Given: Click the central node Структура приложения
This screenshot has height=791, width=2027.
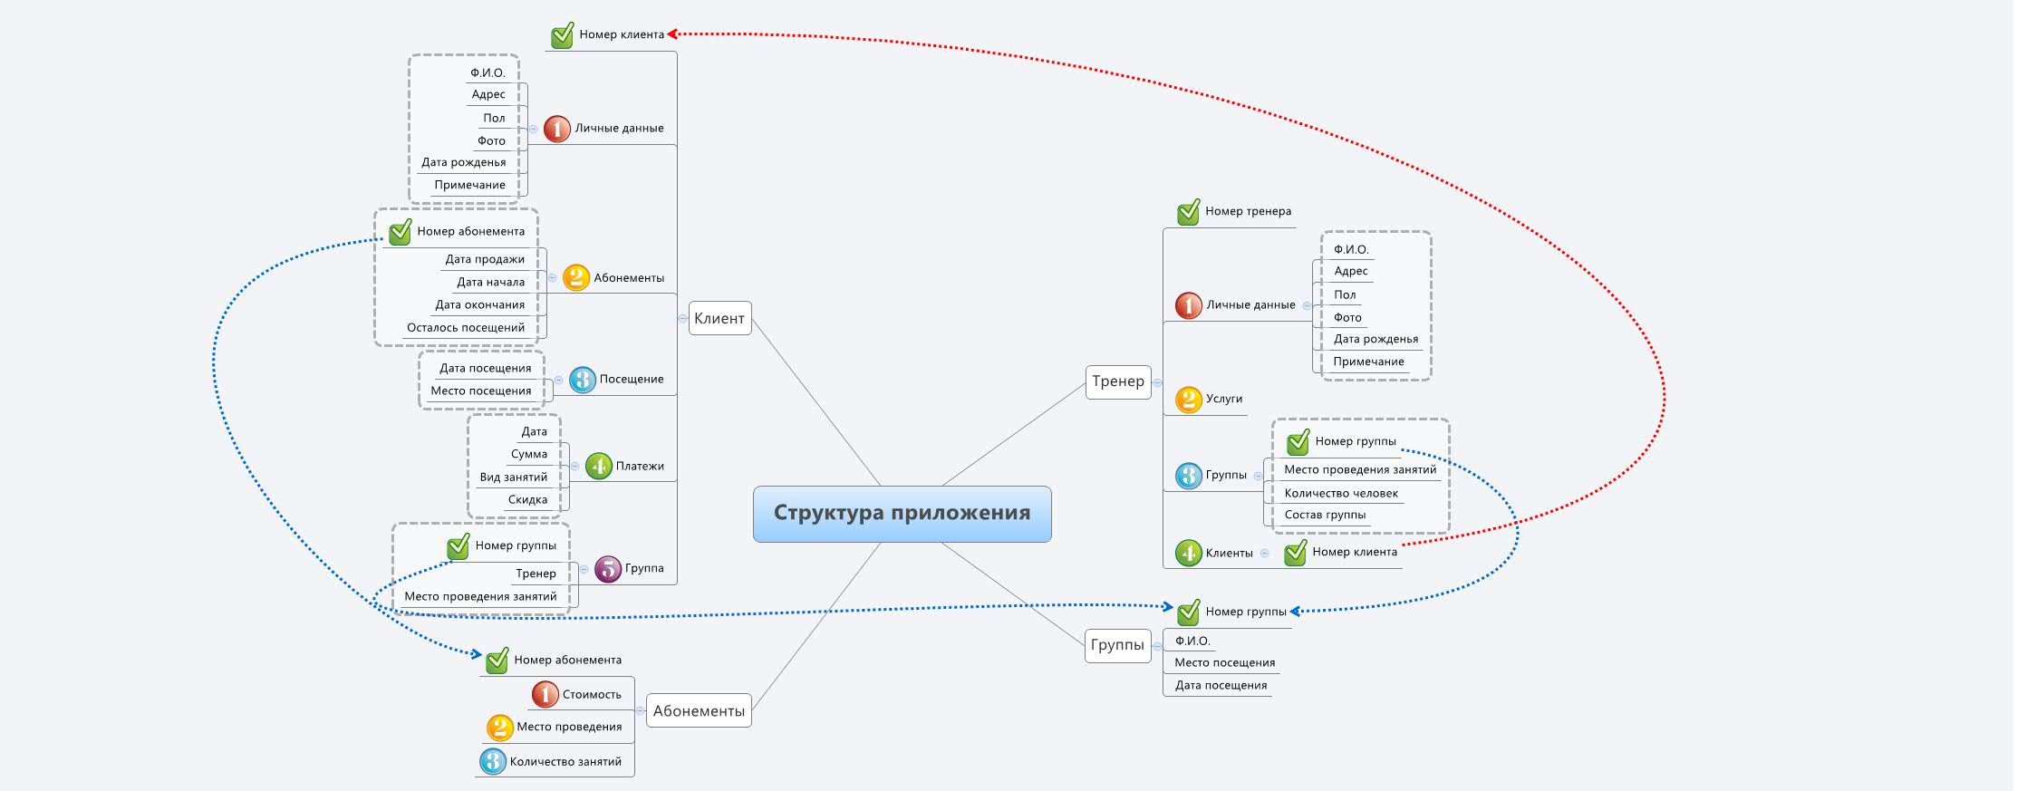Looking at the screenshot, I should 902,514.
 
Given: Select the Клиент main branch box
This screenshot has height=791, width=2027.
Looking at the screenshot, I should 719,318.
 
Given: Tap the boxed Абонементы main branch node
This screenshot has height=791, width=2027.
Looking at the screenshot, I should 699,711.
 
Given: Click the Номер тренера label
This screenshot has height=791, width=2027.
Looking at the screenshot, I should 1248,211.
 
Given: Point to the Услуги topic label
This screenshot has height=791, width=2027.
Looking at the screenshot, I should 1223,399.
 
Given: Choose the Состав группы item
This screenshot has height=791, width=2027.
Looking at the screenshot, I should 1325,515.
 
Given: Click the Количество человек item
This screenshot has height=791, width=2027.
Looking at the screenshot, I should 1341,493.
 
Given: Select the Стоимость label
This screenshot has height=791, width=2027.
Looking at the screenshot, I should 592,695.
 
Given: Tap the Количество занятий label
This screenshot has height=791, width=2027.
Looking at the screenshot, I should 565,762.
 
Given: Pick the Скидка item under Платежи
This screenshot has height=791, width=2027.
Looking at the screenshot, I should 527,499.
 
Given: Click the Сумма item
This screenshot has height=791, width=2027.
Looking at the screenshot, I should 529,454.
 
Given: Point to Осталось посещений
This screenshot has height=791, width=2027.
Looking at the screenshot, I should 466,327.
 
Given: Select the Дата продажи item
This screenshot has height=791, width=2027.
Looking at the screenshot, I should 485,259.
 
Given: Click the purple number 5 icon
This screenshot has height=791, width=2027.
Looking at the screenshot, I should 607,569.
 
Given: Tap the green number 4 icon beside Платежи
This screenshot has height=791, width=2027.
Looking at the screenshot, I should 598,466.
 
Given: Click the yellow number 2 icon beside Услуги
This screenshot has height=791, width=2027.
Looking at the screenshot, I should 1188,399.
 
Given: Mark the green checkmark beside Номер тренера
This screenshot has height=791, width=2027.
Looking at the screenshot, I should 1188,212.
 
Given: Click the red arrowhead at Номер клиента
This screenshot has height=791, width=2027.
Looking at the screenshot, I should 672,34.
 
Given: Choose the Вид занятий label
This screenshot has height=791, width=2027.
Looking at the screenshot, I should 514,477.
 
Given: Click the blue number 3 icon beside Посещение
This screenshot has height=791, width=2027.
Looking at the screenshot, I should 582,380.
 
